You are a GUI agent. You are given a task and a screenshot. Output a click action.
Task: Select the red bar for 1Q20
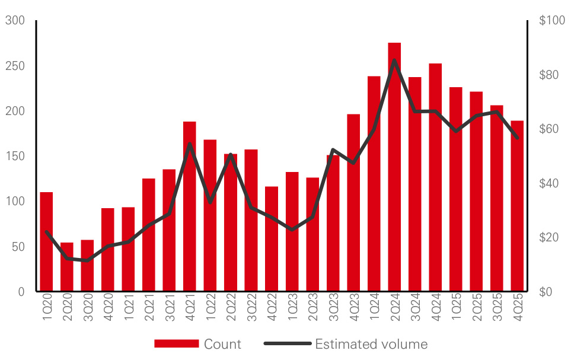point(46,243)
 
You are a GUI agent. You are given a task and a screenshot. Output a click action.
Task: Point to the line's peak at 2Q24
point(394,60)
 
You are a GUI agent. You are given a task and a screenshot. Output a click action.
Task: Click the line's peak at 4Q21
point(190,143)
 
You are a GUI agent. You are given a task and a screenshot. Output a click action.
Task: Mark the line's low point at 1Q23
point(292,230)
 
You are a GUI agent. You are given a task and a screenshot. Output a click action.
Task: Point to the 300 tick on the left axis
point(15,21)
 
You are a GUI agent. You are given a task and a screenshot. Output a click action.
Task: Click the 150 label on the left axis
point(15,156)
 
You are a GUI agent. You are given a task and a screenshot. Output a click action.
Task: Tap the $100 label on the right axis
point(552,21)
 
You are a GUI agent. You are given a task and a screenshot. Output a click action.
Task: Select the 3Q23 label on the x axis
point(333,309)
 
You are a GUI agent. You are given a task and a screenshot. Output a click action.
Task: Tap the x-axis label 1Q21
point(129,309)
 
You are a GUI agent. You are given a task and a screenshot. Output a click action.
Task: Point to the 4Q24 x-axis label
point(436,309)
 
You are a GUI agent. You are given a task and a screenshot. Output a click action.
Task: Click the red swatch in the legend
point(176,344)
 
